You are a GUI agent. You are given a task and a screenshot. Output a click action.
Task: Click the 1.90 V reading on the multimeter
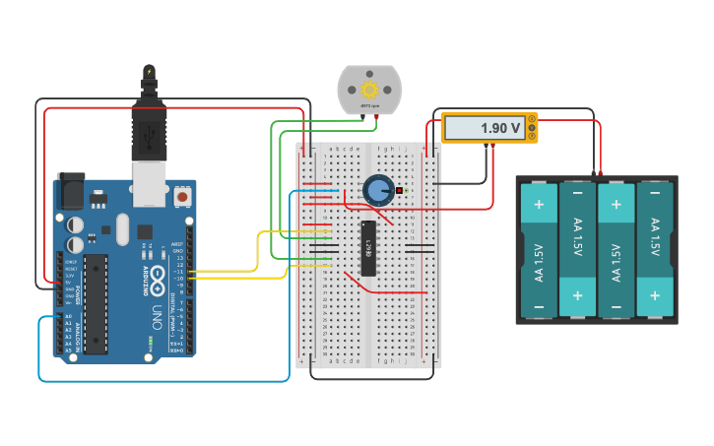click(499, 128)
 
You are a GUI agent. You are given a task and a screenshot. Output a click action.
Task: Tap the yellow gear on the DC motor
click(369, 89)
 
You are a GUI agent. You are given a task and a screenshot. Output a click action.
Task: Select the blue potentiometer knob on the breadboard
click(378, 190)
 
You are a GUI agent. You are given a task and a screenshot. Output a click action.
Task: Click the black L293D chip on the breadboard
click(367, 247)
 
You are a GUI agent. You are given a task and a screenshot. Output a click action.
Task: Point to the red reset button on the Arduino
click(182, 197)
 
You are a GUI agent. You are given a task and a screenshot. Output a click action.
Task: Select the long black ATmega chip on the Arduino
click(96, 303)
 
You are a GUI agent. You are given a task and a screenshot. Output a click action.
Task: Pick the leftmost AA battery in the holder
click(539, 251)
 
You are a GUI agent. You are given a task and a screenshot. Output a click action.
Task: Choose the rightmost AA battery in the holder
click(654, 251)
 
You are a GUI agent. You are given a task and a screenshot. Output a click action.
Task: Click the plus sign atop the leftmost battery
click(539, 205)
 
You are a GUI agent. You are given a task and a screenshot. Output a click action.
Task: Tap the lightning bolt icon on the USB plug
click(149, 71)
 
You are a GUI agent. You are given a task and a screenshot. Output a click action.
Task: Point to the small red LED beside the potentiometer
click(400, 189)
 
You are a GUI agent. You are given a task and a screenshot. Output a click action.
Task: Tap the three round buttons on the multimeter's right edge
click(532, 128)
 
